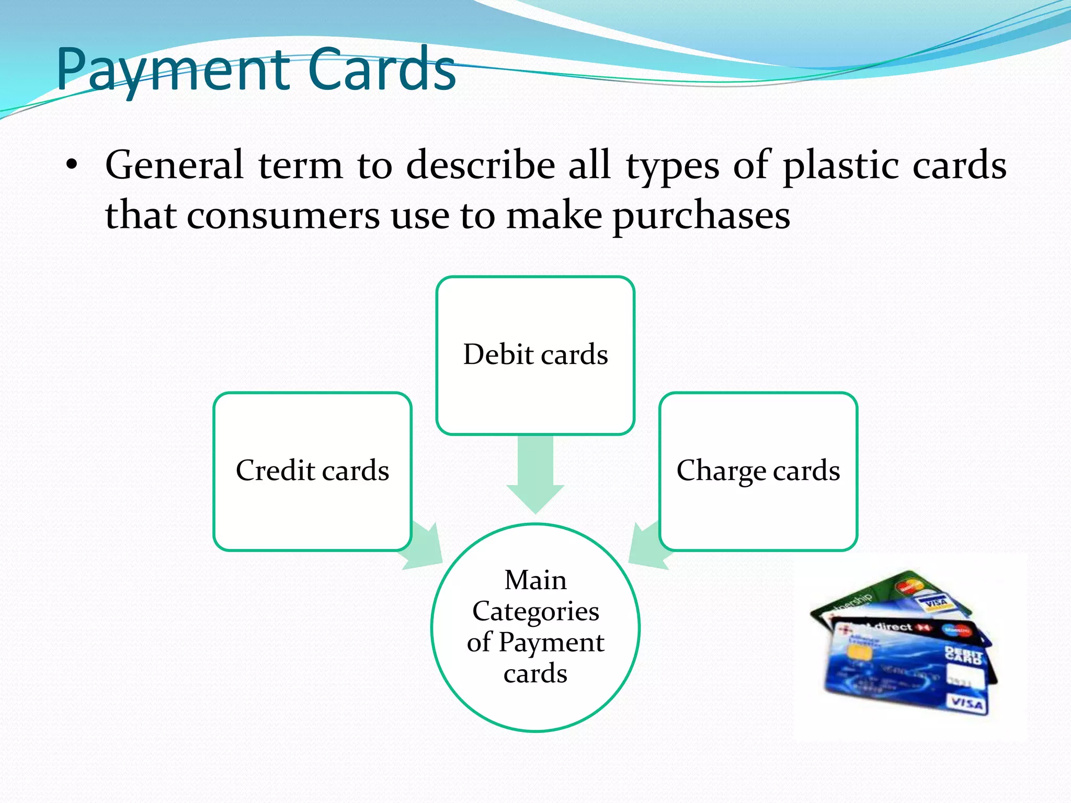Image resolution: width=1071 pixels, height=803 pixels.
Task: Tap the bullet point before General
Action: tap(72, 166)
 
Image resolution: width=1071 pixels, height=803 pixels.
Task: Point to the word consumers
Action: tap(282, 215)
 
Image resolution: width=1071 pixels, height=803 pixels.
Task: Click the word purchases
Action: tap(701, 215)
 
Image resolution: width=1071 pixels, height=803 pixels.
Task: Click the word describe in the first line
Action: tap(480, 166)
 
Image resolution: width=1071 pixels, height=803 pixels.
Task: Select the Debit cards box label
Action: tap(535, 354)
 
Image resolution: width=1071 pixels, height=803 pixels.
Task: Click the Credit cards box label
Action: tap(312, 470)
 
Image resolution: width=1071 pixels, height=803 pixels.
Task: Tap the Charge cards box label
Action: tap(758, 470)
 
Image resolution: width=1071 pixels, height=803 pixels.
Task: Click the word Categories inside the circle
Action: tap(535, 611)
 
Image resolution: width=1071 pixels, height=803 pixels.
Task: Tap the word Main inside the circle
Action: tap(535, 580)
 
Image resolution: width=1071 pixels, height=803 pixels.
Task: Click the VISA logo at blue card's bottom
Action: tap(966, 703)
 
